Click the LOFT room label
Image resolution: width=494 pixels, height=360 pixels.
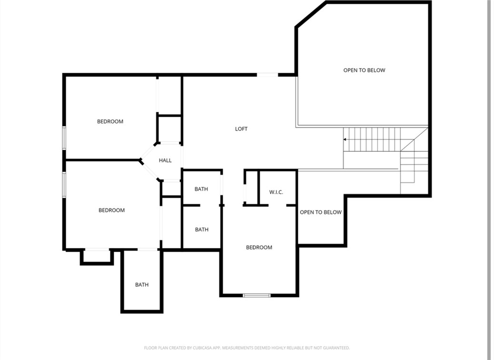click(241, 129)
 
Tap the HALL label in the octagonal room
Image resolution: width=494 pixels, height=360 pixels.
click(165, 161)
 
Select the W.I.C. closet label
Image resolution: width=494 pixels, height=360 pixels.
click(276, 192)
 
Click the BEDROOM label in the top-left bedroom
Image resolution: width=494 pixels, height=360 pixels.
click(110, 122)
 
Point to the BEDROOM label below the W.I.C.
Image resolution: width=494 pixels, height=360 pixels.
click(259, 247)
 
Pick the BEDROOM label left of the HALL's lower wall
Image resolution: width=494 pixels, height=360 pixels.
click(111, 210)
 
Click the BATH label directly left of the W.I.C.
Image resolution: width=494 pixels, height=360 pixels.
click(201, 189)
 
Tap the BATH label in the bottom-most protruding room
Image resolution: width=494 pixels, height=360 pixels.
click(142, 285)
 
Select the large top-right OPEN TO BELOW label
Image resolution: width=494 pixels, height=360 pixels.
click(364, 70)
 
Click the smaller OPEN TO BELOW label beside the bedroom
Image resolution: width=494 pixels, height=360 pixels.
click(321, 212)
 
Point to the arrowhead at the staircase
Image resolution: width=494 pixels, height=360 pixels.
click(345, 139)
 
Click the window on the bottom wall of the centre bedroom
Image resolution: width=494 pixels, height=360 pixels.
click(257, 295)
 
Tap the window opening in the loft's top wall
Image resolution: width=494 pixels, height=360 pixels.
click(267, 75)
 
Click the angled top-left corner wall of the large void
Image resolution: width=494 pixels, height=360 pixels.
click(310, 15)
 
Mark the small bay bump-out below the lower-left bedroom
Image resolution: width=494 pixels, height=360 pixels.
click(97, 257)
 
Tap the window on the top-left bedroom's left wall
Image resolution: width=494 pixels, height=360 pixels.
click(64, 138)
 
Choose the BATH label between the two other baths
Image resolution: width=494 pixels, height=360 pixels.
click(202, 230)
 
